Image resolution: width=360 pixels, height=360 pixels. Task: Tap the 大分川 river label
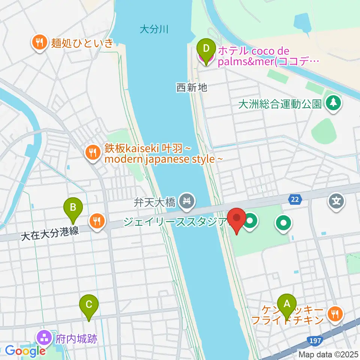tap(153, 29)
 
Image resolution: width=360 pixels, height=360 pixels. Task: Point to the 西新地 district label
tap(191, 88)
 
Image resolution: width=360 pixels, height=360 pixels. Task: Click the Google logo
tap(25, 351)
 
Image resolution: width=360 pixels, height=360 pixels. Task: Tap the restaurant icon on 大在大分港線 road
tap(97, 221)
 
